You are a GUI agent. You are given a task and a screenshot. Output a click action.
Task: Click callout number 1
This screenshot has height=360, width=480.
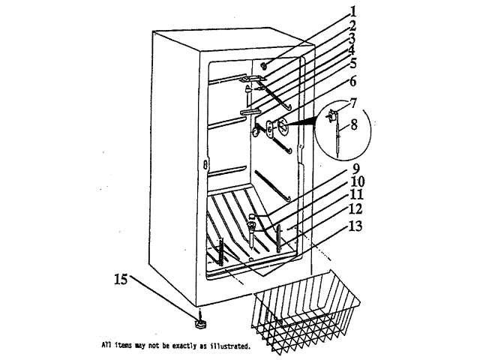click(x=352, y=11)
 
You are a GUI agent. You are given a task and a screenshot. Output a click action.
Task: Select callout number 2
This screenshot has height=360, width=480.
click(x=352, y=25)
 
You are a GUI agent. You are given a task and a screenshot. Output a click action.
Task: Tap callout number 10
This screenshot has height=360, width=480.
click(x=355, y=181)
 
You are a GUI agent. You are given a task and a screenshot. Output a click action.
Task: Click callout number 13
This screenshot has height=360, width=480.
click(x=355, y=226)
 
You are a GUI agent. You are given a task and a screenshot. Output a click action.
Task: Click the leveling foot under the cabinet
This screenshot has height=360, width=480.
click(x=200, y=322)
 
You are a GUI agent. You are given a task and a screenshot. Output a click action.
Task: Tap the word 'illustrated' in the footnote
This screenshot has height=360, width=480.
click(x=229, y=347)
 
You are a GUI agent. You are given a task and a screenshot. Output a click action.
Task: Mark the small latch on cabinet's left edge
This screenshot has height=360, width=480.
click(x=203, y=164)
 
